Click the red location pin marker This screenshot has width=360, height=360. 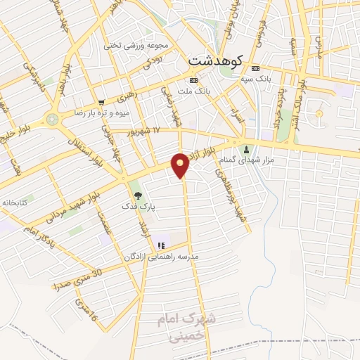(181, 166)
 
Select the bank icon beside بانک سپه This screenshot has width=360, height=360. (255, 68)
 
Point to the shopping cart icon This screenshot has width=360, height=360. (102, 102)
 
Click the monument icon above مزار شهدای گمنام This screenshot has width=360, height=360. (246, 149)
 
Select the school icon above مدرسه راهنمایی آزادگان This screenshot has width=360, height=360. (161, 245)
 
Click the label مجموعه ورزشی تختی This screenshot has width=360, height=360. (137, 46)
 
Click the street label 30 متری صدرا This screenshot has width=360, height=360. (78, 279)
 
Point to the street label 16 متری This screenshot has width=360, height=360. (85, 307)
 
